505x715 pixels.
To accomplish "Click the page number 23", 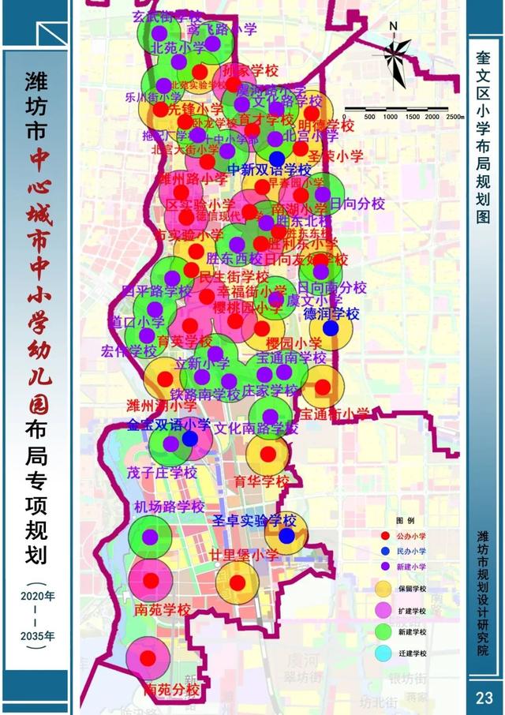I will click(484, 698).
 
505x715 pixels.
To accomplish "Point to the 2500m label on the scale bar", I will click(453, 116).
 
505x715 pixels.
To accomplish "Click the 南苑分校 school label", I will click(172, 690).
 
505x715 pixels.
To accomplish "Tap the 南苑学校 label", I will click(163, 609).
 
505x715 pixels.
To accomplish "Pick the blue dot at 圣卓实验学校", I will click(286, 536).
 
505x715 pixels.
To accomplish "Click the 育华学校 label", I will click(263, 481).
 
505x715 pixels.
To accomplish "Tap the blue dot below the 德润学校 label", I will click(331, 328).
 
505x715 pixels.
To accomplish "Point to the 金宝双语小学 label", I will click(169, 425).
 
